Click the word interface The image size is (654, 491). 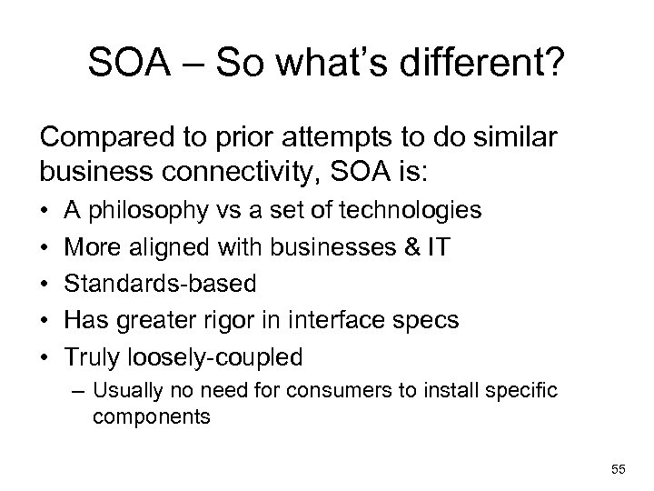pos(359,321)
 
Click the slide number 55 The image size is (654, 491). pos(619,469)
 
